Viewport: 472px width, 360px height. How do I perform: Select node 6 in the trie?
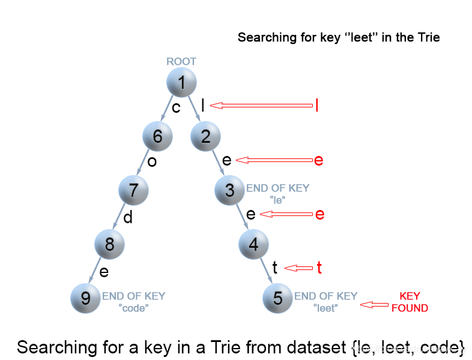(157, 137)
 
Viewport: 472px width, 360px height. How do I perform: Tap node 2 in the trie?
(205, 137)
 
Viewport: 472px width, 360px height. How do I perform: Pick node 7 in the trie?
(133, 191)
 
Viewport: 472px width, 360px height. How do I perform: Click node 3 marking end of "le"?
(229, 191)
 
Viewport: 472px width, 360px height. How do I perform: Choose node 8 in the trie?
(109, 244)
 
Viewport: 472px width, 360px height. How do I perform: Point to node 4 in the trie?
(253, 244)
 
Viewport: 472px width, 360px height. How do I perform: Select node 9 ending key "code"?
(85, 298)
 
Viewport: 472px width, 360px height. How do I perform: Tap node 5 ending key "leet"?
(277, 298)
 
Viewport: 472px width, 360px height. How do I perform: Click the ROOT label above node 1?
(181, 61)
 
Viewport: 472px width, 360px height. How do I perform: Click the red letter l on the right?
(316, 106)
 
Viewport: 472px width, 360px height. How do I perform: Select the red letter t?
(319, 268)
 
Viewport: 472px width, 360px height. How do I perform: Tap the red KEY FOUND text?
(410, 302)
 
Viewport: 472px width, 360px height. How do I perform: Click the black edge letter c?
(176, 108)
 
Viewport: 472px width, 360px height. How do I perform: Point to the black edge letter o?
(152, 162)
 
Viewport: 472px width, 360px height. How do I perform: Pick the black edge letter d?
(128, 217)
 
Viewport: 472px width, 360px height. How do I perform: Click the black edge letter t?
(275, 268)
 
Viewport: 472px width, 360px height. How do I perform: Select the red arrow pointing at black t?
(298, 268)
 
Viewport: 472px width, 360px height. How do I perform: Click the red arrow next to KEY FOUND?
(374, 305)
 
